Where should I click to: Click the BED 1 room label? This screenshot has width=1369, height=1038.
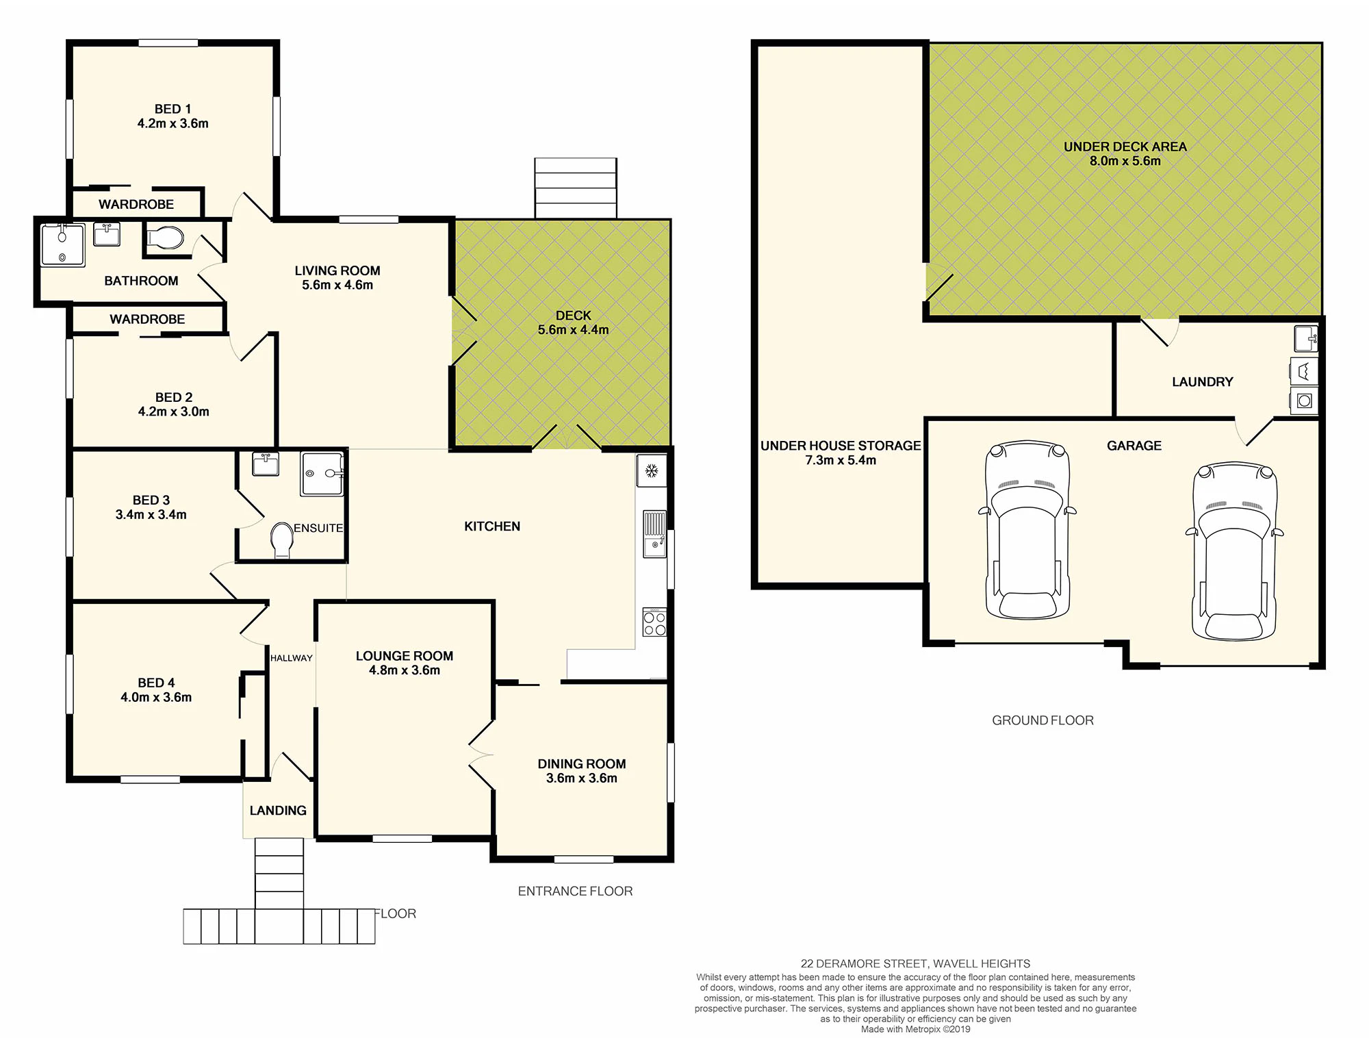[x=172, y=109]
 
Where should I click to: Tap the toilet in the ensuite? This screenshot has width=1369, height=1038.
[x=282, y=540]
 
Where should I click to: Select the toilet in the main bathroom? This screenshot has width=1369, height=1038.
[x=165, y=238]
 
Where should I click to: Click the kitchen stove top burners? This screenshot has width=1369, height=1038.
[x=654, y=622]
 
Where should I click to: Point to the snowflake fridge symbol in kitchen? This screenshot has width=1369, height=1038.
[x=652, y=471]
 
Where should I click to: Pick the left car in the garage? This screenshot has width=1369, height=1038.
[x=1027, y=530]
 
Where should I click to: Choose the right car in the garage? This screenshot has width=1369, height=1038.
[x=1234, y=551]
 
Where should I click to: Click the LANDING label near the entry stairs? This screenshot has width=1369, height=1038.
[x=278, y=811]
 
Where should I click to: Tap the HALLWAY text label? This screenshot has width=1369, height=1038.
[x=292, y=658]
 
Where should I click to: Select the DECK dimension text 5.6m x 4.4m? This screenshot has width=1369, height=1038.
[x=573, y=330]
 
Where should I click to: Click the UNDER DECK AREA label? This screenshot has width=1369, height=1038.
[x=1125, y=147]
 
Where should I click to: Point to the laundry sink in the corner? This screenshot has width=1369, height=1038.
[x=1305, y=338]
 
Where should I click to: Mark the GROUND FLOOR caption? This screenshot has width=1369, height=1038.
[x=1042, y=720]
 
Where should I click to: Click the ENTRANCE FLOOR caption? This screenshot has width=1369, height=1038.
[x=575, y=891]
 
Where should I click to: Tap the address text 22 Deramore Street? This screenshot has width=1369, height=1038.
[x=915, y=963]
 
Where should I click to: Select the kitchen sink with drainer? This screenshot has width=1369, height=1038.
[x=654, y=534]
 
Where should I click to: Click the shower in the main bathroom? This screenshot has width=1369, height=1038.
[x=63, y=244]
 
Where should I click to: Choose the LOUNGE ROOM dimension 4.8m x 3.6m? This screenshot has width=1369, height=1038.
[x=405, y=670]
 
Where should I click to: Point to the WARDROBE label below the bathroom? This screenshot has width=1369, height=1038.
[x=147, y=319]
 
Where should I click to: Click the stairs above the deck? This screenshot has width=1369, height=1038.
[x=576, y=188]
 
